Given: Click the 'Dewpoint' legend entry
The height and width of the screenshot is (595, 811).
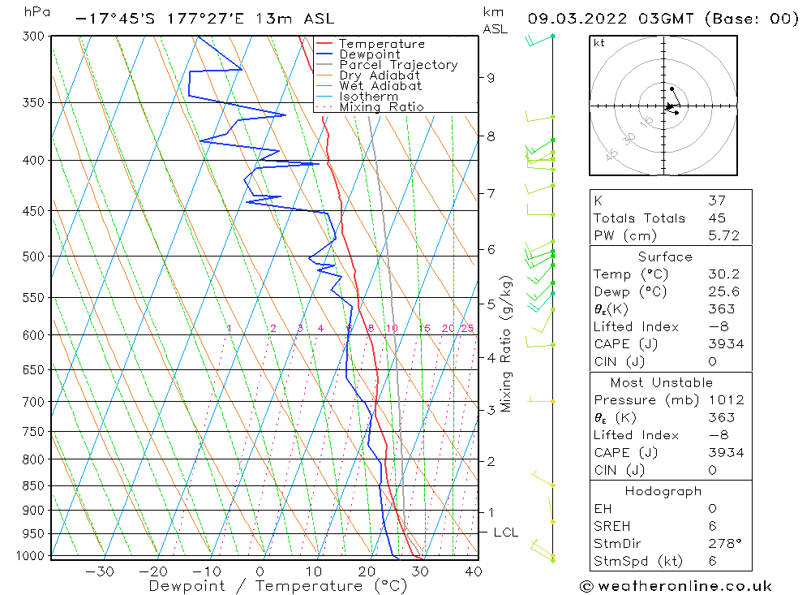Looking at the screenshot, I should coord(369,54).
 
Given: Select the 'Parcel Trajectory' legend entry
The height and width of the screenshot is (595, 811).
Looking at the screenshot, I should coord(398,65).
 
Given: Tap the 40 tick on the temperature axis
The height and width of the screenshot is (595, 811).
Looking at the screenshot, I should coord(473,571).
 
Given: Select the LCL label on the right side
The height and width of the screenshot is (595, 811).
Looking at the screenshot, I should coord(505,532).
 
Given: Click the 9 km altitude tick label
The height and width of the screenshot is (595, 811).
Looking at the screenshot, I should coord(491,78).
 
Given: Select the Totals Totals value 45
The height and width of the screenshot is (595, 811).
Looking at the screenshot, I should coord(717,218).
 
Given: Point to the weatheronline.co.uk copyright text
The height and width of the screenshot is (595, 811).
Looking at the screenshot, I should coord(676,585).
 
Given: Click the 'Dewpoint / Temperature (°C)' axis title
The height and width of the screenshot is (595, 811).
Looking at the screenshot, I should coord(277,585).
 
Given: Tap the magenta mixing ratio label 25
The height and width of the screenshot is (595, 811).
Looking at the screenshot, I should coord(467,329).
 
